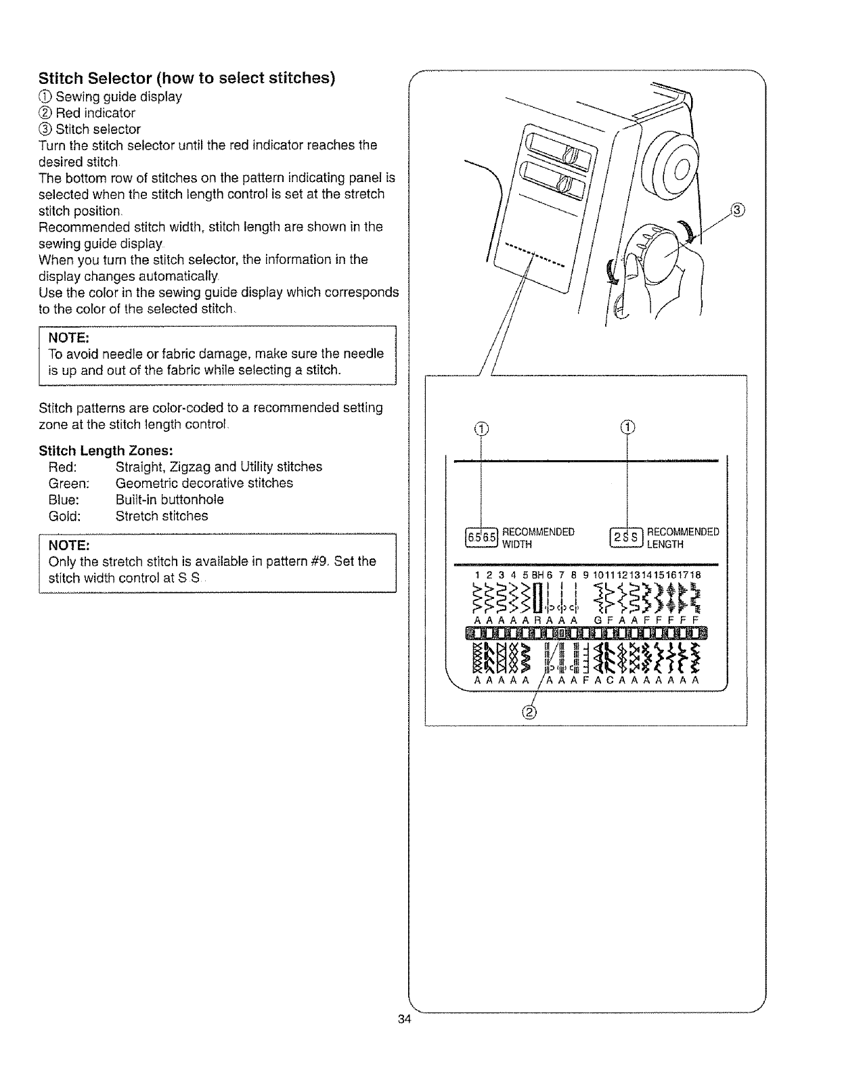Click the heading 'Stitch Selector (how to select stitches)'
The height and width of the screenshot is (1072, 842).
click(x=187, y=77)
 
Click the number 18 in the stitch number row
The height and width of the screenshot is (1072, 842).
click(x=695, y=575)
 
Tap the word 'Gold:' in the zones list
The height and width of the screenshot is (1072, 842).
click(x=65, y=516)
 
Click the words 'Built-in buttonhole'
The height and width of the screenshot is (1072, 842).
click(x=169, y=499)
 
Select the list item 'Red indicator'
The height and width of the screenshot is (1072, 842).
click(x=95, y=113)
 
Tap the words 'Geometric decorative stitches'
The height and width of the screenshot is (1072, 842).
click(x=204, y=483)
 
